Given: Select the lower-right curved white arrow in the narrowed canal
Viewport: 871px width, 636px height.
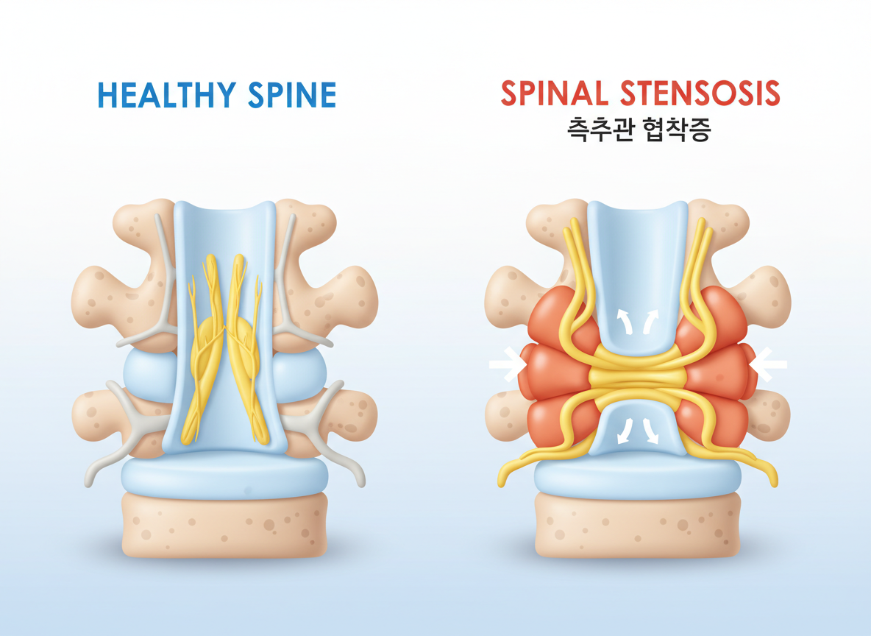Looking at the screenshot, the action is click(x=651, y=430).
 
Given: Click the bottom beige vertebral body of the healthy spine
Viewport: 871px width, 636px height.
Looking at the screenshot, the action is click(x=224, y=524).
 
